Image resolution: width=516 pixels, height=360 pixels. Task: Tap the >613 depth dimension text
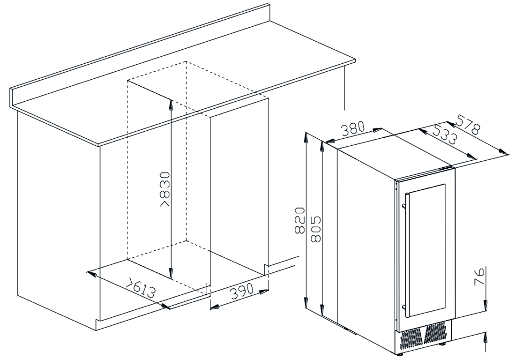(142, 289)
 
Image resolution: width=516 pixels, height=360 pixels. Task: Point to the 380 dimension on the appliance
(353, 128)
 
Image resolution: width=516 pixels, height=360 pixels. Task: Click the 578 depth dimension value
(467, 124)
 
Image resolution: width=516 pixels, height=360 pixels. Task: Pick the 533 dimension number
(444, 134)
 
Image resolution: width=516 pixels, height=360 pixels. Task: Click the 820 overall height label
(299, 220)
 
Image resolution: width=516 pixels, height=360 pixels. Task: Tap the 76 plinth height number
(480, 277)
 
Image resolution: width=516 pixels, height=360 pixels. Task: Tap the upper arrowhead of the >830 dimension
(171, 105)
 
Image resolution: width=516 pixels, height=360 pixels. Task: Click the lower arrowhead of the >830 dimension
(171, 273)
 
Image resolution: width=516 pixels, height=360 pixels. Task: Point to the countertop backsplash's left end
(11, 97)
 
